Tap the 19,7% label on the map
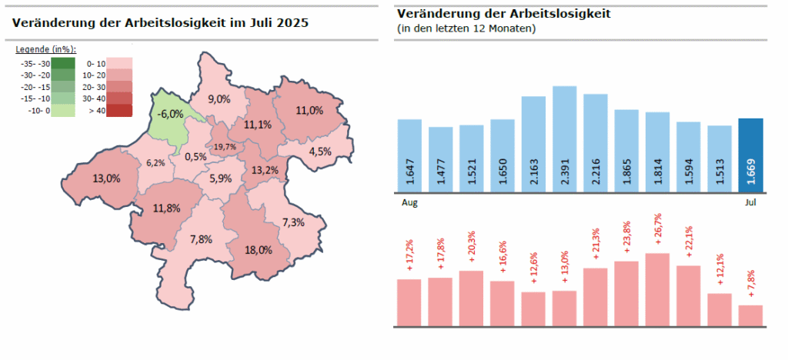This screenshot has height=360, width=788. (x=225, y=146)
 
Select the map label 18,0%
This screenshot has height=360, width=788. (x=258, y=250)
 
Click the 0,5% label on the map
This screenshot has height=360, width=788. (x=195, y=156)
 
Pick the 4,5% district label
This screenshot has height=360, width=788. (x=319, y=151)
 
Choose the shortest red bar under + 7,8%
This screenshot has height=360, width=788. (x=750, y=315)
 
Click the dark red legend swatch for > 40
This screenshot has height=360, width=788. (x=119, y=111)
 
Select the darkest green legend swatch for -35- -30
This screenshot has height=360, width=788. (x=62, y=64)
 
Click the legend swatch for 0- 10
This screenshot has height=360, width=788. (x=119, y=64)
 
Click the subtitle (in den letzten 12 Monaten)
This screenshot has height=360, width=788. (x=466, y=28)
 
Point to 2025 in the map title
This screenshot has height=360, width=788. (x=292, y=23)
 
